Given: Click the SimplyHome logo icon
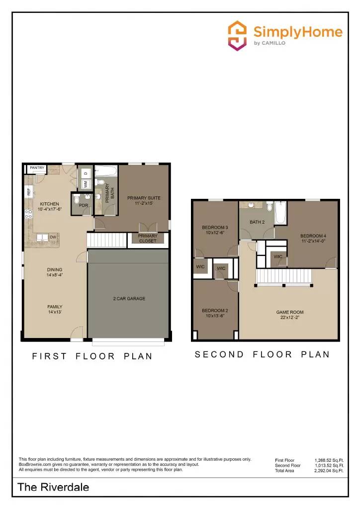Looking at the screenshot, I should point(238,35).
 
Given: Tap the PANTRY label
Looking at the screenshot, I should point(37,168).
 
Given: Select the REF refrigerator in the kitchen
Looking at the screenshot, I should point(29,191).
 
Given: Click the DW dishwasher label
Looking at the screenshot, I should point(52,237).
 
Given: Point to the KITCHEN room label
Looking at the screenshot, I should point(49,204).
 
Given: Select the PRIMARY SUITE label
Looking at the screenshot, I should point(144,198).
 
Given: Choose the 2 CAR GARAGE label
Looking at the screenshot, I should point(129,299).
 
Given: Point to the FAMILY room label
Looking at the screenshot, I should point(55,307).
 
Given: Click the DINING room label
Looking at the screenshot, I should point(55,270).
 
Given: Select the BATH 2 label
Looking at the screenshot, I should point(257,222).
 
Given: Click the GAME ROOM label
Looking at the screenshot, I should point(289,312).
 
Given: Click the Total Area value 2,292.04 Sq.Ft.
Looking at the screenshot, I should point(329,470).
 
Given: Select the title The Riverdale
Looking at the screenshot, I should point(53,487).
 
